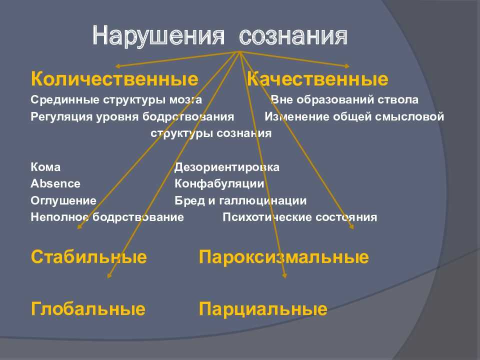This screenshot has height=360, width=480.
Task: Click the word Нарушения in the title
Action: pyautogui.click(x=158, y=36)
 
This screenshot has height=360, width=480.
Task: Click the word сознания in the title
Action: pyautogui.click(x=293, y=36)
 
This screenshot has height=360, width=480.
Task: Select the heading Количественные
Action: pyautogui.click(x=114, y=78)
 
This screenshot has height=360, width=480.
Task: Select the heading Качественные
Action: pyautogui.click(x=318, y=78)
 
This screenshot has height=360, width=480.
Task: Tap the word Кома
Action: pyautogui.click(x=45, y=167)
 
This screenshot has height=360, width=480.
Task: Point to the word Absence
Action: pyautogui.click(x=55, y=183)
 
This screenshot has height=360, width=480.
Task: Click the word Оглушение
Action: pyautogui.click(x=63, y=201)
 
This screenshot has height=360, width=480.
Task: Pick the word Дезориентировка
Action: pyautogui.click(x=227, y=167)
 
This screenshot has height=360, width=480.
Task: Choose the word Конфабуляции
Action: pyautogui.click(x=219, y=184)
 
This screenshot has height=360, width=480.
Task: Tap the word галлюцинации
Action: pyautogui.click(x=263, y=201)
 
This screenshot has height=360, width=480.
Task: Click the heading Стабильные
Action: pyautogui.click(x=89, y=256)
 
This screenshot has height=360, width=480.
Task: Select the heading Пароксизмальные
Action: pyautogui.click(x=284, y=257)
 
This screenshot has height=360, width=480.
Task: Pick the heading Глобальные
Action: pyautogui.click(x=88, y=308)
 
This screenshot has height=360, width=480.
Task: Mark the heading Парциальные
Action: pyautogui.click(x=263, y=309)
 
